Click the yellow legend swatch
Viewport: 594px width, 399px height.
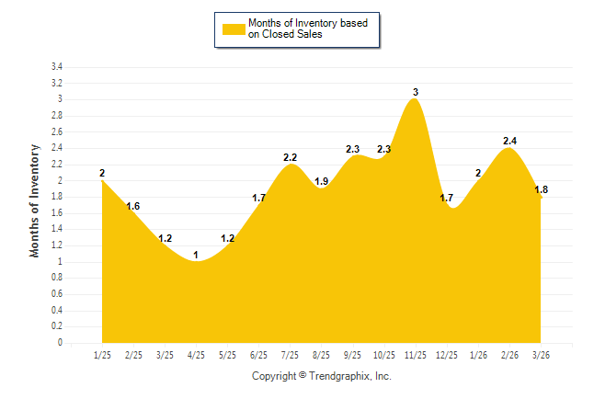point(233,29)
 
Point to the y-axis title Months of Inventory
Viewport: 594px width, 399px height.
point(35,199)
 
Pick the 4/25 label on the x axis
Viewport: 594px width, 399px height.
point(196,354)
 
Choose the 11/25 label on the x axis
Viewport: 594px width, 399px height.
point(416,354)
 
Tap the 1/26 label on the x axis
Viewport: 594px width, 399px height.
point(478,354)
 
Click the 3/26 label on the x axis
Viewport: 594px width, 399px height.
point(541,354)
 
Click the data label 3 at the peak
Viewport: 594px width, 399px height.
point(416,92)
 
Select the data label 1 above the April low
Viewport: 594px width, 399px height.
point(196,255)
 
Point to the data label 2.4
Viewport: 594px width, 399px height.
point(509,141)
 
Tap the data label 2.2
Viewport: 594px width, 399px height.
point(291,157)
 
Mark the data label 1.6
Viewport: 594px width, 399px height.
point(133,206)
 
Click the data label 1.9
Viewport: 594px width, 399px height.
point(322,181)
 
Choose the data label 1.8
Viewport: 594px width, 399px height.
point(542,189)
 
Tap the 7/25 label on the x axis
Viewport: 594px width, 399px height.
point(291,354)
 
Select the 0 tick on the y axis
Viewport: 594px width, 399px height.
point(60,343)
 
